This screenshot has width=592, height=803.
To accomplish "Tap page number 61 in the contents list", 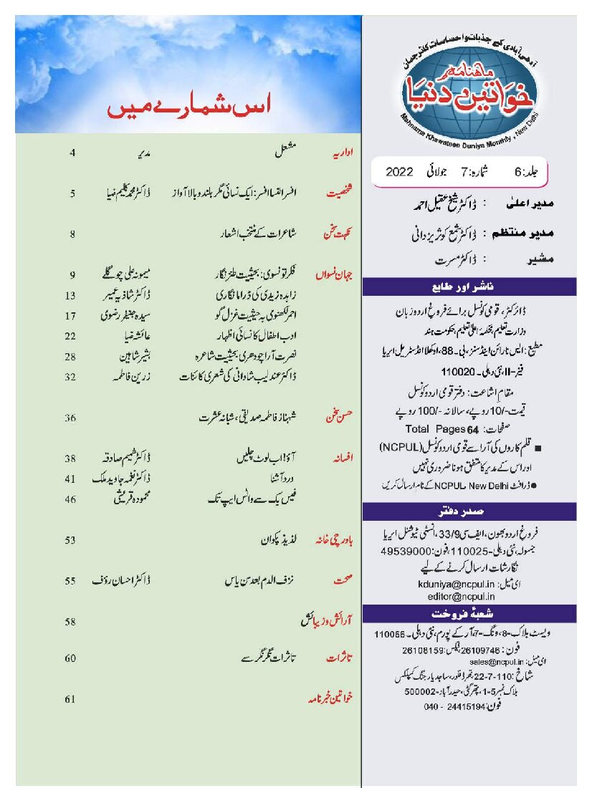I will (x=70, y=699).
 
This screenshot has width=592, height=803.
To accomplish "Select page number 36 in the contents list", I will (x=70, y=418).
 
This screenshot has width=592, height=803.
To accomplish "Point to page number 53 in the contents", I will (x=70, y=541).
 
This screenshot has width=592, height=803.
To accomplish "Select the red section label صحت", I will (x=344, y=581).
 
